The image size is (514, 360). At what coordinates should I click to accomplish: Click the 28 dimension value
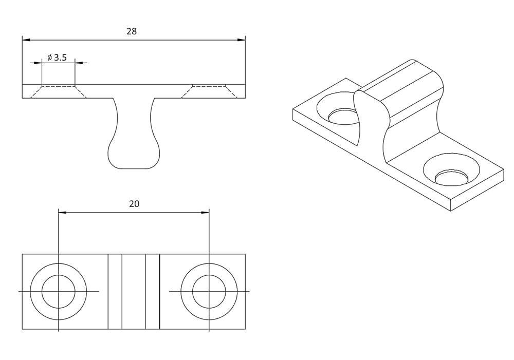pos(132,31)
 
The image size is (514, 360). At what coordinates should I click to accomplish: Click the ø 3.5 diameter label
pos(57,58)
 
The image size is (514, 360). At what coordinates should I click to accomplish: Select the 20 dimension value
pos(134,204)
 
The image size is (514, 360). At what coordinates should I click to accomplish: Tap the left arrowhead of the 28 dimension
pos(26,40)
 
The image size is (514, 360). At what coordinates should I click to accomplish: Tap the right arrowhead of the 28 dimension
pos(241,40)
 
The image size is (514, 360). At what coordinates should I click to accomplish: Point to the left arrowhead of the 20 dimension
pos(62,212)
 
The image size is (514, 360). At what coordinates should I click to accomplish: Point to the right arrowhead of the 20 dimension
pos(205,212)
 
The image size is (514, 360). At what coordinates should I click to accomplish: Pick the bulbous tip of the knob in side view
pos(134,157)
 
